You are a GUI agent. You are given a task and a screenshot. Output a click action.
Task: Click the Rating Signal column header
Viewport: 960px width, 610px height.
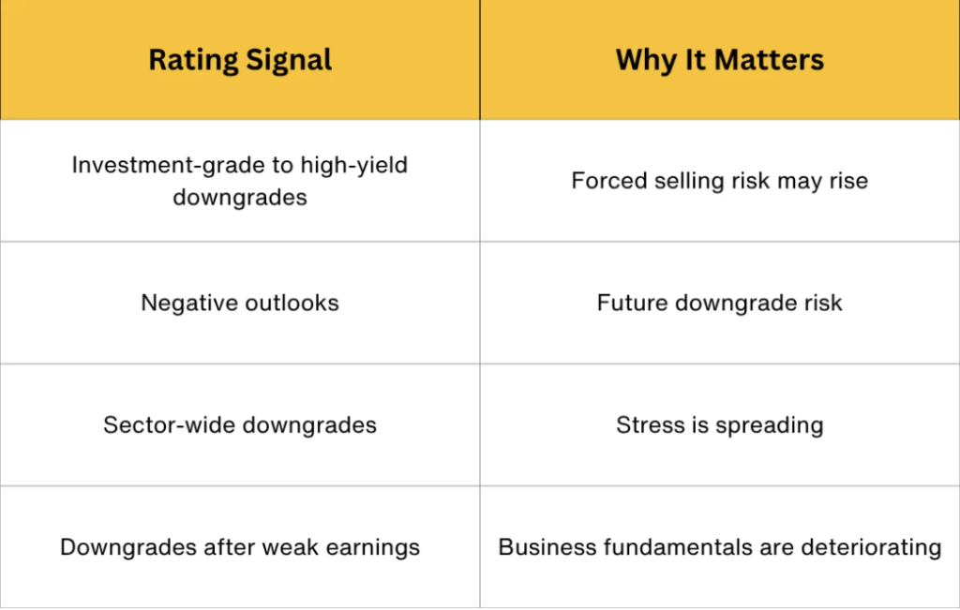coord(240,60)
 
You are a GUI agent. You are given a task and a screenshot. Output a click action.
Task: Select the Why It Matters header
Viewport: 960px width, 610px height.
coord(719,60)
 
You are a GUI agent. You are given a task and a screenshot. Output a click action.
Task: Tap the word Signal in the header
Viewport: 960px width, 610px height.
coord(289,61)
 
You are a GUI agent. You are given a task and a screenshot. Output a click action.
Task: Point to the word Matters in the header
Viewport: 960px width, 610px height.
coord(769,60)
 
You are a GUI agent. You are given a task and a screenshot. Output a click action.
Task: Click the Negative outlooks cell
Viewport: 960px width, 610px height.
coord(240,303)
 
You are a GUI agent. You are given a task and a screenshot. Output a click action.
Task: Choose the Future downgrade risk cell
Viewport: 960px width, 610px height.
coord(719,303)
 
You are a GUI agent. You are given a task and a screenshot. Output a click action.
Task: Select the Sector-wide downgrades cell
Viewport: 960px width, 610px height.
coord(240,425)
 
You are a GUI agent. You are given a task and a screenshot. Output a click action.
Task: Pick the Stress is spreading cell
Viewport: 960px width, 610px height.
coord(719,425)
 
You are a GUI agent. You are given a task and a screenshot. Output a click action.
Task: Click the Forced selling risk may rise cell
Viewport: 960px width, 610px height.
coord(719,181)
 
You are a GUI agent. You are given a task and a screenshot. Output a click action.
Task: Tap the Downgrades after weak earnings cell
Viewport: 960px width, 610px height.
coord(240,547)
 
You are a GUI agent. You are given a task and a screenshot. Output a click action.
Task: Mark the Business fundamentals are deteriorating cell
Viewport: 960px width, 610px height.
coord(719,547)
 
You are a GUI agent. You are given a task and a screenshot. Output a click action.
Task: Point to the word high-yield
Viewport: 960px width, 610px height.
coord(353,165)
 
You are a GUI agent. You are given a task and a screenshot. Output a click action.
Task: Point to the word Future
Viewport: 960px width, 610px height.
coord(633,303)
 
